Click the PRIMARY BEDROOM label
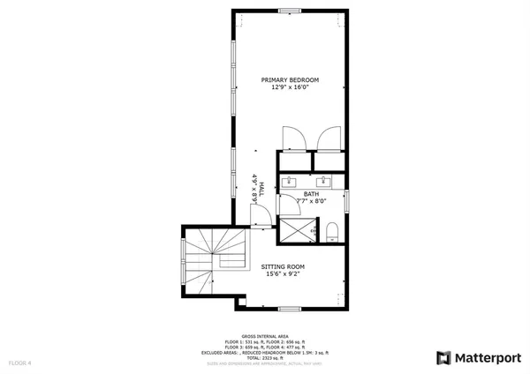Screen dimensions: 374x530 (x=290, y=80)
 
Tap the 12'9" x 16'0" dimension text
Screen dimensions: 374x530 (x=290, y=88)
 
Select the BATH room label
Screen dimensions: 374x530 (x=312, y=194)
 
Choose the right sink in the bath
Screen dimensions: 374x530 (x=324, y=182)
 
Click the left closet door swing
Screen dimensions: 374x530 (x=292, y=138)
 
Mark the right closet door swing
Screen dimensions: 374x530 (x=329, y=138)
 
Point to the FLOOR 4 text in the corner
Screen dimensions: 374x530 (x=20, y=363)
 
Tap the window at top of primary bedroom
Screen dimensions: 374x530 (x=290, y=11)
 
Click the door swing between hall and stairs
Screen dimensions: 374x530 (x=259, y=217)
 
